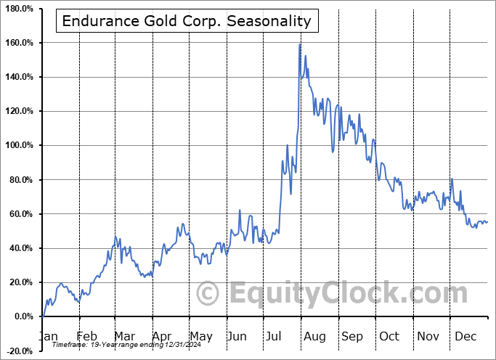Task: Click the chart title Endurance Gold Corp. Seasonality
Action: click(x=187, y=21)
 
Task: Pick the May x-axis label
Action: click(x=201, y=336)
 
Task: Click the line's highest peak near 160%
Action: click(x=300, y=45)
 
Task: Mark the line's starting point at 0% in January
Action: click(x=42, y=316)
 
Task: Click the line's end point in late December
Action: click(x=487, y=221)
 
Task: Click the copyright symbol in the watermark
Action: click(x=208, y=294)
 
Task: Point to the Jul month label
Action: click(x=276, y=336)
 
